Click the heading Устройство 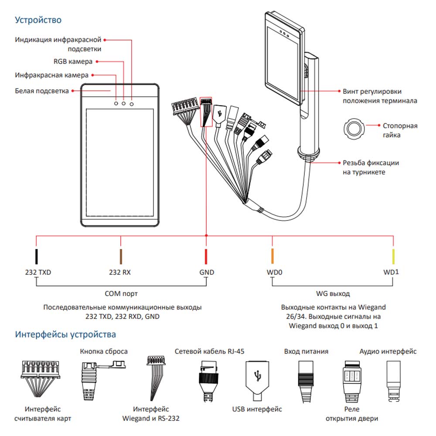[x=38, y=20]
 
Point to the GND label [x=207, y=272]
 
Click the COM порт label [x=121, y=293]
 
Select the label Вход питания [x=306, y=351]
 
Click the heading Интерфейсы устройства [x=65, y=335]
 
